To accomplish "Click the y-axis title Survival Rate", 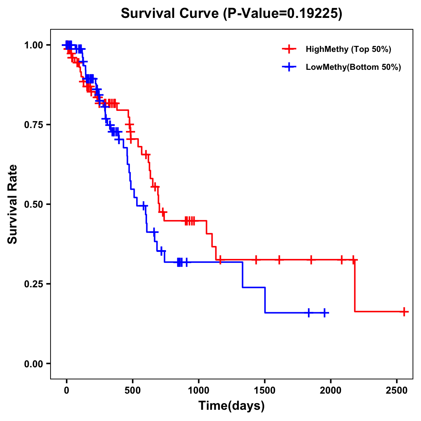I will (13, 204).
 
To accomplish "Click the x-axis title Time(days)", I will (232, 406).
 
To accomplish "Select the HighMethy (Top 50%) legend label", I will (348, 49).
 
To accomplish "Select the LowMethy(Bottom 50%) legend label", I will (353, 67).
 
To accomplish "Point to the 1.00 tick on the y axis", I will (33, 45).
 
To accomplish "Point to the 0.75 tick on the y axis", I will (33, 125).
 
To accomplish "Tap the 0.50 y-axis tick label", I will (33, 204).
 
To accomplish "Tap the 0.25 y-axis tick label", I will (33, 284).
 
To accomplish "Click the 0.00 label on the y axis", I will (33, 363).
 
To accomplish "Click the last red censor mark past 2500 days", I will (404, 312).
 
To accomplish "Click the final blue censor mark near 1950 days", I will (325, 313).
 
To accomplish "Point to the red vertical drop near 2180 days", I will (355, 286).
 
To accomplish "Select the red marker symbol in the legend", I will (289, 49).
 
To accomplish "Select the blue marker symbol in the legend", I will (289, 67).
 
